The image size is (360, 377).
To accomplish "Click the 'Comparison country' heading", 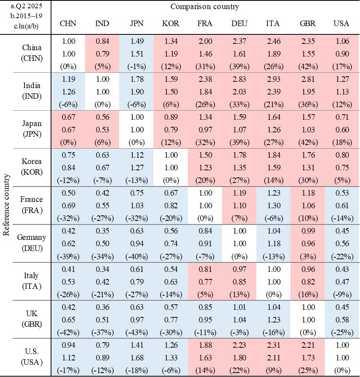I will [205, 7].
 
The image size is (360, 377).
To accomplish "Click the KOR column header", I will [171, 23].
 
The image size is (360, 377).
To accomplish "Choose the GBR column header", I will [308, 23].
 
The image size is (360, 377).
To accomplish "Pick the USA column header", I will [341, 23].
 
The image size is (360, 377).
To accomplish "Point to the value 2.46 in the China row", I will [273, 41].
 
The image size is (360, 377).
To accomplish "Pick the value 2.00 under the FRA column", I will [205, 41].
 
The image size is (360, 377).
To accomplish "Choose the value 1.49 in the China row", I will [136, 41].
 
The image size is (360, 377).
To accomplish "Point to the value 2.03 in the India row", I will [239, 91].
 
